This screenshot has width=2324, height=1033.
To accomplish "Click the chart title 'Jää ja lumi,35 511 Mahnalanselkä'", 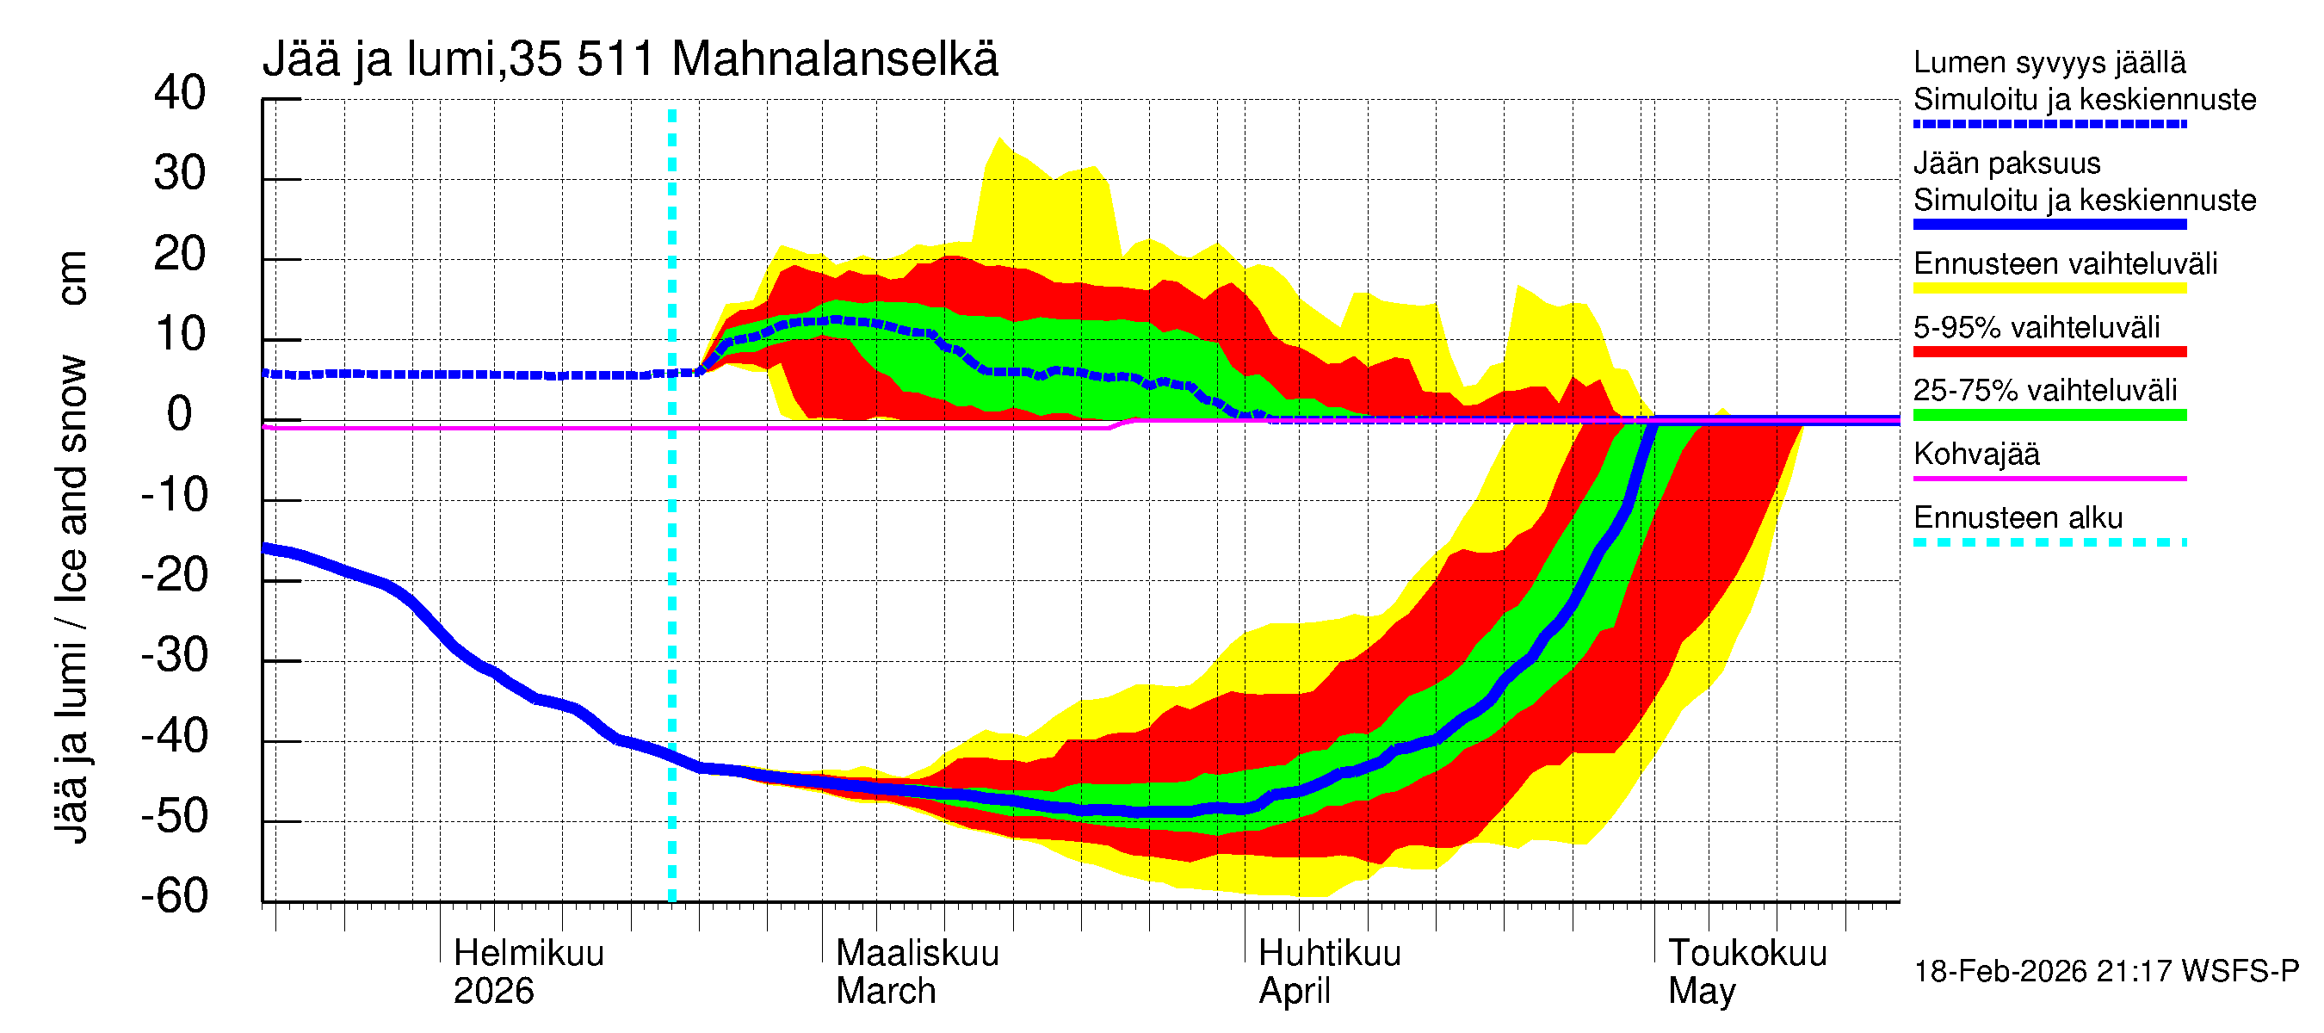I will [630, 59].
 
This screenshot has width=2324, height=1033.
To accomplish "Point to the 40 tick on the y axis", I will [180, 93].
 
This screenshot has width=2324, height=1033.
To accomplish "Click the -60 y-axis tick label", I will [174, 896].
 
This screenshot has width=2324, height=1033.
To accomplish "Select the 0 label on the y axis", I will [180, 414].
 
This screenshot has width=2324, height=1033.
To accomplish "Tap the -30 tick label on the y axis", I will [174, 655].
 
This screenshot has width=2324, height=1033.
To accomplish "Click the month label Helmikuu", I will [528, 953].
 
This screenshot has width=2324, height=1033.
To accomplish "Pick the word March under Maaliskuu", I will [885, 991].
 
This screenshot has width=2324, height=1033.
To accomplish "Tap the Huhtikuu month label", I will [1329, 953].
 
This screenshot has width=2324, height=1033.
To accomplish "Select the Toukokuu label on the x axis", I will [1746, 953].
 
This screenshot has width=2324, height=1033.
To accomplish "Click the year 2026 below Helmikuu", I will [492, 991].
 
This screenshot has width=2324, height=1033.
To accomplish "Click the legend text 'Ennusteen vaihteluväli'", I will [2065, 263].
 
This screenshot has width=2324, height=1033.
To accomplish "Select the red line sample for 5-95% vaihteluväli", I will [2049, 352].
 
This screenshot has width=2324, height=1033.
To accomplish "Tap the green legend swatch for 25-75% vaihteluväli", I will [2049, 415].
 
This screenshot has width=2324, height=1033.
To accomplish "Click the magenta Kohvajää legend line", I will [2049, 478].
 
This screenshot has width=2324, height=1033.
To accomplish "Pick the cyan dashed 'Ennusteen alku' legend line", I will [2049, 542].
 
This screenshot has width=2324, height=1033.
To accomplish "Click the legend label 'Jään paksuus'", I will [2006, 164].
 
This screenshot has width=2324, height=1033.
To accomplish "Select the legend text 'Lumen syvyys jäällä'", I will [2049, 62].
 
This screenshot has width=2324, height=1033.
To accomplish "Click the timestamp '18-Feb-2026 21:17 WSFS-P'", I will [2105, 971].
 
